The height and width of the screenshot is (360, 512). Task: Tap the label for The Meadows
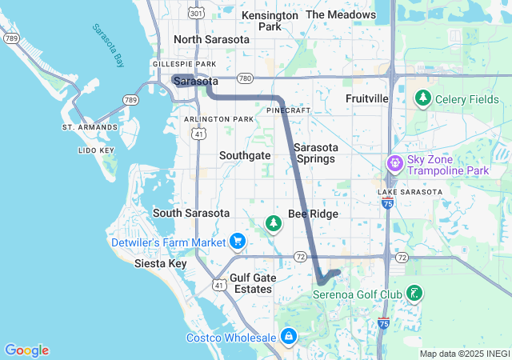[341, 15]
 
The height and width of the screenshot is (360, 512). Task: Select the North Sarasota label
[210, 39]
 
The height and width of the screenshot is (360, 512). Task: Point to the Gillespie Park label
[184, 64]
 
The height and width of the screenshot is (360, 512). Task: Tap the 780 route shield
[245, 78]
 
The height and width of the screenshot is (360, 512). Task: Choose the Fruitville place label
[367, 98]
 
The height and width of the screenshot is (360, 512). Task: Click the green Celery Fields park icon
[422, 98]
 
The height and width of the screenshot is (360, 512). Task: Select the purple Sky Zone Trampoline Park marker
[394, 163]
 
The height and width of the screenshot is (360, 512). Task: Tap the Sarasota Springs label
[316, 153]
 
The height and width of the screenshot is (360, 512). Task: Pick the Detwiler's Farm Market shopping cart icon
[238, 240]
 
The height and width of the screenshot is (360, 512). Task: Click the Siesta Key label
[161, 263]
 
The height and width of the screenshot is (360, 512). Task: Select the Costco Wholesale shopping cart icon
[288, 336]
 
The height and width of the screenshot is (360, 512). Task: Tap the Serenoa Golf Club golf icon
[414, 293]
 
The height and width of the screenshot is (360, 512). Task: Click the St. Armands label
[90, 127]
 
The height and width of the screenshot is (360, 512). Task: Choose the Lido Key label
[96, 150]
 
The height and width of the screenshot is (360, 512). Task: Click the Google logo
[26, 350]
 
